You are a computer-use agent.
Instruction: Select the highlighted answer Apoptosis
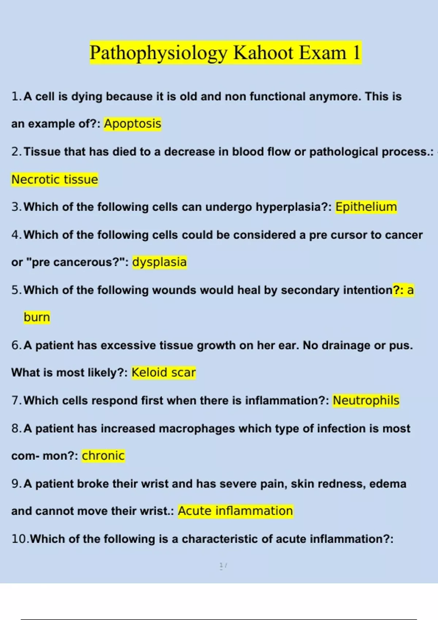(x=132, y=124)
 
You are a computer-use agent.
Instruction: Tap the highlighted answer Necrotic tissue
(x=55, y=179)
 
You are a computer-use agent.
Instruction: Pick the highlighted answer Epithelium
(x=366, y=207)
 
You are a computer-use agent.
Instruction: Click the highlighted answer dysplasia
(x=160, y=262)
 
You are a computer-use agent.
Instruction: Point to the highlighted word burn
(x=37, y=317)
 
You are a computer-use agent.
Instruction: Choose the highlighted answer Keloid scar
(x=164, y=372)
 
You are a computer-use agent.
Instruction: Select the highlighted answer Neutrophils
(x=366, y=400)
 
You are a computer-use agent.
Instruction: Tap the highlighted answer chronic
(x=103, y=456)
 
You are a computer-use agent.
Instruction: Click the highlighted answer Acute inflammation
(x=235, y=511)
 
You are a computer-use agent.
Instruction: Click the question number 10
(x=19, y=539)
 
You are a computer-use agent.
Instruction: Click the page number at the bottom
(x=223, y=566)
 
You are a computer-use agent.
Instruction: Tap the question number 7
(x=16, y=400)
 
